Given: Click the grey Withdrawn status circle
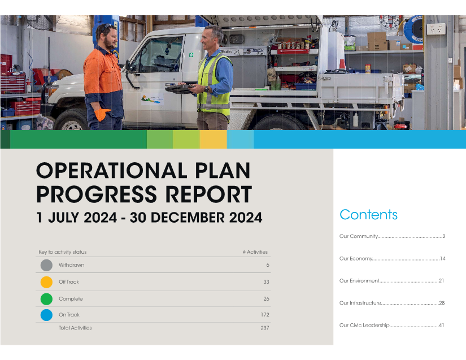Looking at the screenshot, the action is point(46,265).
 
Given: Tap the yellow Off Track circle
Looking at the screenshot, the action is point(46,282).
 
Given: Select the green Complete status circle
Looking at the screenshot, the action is point(46,299).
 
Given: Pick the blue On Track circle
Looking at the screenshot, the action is point(46,315).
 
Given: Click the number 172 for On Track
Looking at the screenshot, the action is point(265,315).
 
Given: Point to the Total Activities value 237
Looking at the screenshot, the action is point(265,328).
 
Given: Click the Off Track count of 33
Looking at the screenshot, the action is point(266,282).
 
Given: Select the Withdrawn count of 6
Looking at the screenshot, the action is point(268,265).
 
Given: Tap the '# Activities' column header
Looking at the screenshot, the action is point(255,252).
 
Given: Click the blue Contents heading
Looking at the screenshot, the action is point(368,215).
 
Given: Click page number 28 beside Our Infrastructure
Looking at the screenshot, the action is point(442,303).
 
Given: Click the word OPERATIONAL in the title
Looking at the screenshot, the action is point(111,171).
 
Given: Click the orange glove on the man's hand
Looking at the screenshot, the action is point(101,114).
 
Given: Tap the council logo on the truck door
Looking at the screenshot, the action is point(152,99).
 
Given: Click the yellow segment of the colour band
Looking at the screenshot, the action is point(214,139).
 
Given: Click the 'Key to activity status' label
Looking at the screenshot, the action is point(62,252).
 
